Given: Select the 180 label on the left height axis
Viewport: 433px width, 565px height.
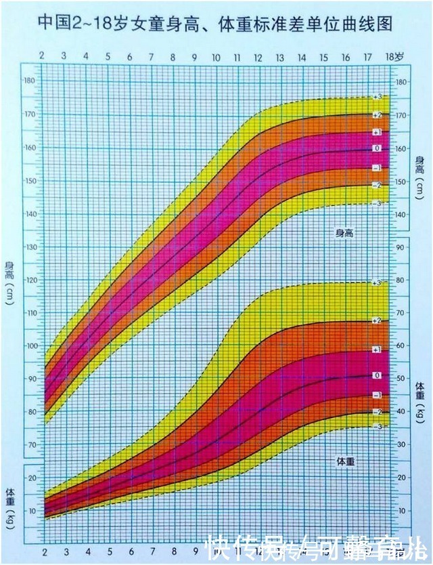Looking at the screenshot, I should tap(30, 81).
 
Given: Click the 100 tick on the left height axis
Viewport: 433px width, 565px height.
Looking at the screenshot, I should tap(30, 346).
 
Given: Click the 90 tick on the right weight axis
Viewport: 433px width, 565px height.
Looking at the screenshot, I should tap(401, 248).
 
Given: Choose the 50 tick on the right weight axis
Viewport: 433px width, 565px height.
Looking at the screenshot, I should tap(401, 379).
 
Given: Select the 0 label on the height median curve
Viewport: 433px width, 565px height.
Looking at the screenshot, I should tap(377, 148).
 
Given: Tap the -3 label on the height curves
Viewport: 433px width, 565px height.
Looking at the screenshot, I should tap(377, 202).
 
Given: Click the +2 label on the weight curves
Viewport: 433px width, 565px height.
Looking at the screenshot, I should tap(377, 320).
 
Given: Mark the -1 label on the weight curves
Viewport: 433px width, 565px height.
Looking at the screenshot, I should tap(377, 395).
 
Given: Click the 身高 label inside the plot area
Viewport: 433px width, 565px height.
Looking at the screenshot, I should tap(345, 233).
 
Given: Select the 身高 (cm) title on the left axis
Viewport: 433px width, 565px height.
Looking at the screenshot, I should tap(9, 283).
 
